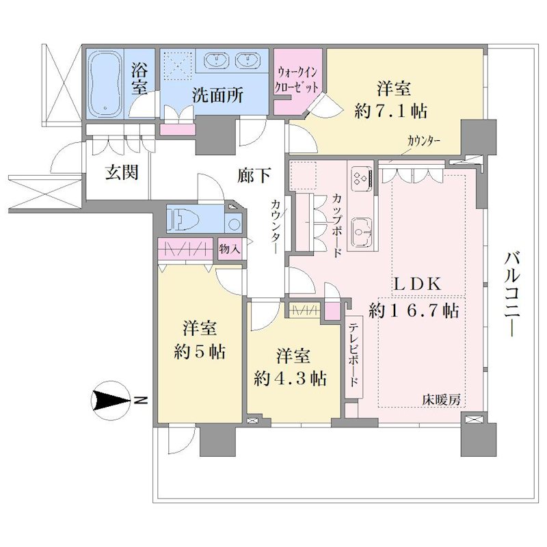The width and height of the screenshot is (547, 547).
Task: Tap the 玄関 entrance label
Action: [x=122, y=172]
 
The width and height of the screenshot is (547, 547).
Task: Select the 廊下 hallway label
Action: [x=254, y=175]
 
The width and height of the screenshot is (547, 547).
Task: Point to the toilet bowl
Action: [x=183, y=219]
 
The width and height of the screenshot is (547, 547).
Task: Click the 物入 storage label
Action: [x=229, y=249]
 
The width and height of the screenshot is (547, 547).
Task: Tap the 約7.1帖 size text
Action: [x=391, y=111]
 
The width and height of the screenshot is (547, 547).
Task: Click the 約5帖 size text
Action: [x=200, y=351]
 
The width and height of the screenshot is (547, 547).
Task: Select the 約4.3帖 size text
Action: [x=291, y=378]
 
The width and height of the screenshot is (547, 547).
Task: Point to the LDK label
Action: [x=418, y=284]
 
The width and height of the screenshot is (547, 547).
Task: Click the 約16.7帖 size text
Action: [x=414, y=310]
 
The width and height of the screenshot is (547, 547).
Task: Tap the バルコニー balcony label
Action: [x=512, y=295]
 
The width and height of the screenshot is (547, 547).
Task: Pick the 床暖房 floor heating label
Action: [x=441, y=400]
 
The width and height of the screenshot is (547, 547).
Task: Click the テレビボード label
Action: [x=353, y=354]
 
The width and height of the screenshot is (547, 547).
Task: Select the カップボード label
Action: [x=336, y=226]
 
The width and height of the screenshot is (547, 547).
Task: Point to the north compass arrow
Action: [x=110, y=401]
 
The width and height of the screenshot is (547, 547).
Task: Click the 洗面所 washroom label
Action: [x=217, y=95]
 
